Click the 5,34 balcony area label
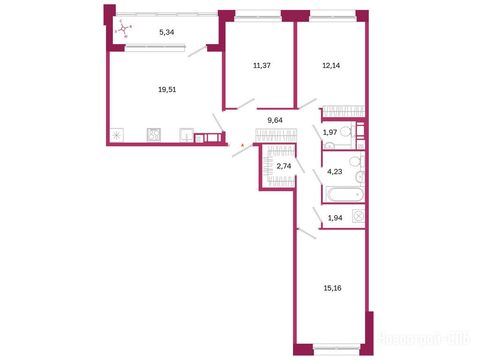[167, 32]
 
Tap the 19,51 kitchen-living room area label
[167, 90]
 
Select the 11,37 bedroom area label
[261, 66]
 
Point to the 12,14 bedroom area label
[331, 66]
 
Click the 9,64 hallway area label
[275, 120]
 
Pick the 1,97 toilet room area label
[330, 132]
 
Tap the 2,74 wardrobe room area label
[284, 166]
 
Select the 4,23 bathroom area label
[335, 172]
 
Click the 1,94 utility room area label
[335, 218]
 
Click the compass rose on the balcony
[123, 29]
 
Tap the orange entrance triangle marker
[242, 145]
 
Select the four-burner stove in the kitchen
[154, 135]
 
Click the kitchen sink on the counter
[186, 135]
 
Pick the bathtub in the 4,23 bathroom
[345, 195]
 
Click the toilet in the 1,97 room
[347, 132]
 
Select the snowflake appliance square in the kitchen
[117, 135]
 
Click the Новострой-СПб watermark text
[424, 339]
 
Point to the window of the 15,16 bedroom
[336, 346]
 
